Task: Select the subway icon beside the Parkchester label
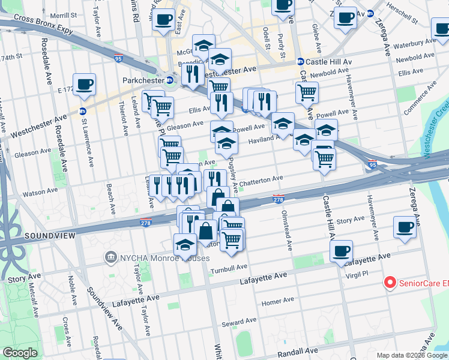click(x=170, y=80)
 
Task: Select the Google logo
click(x=20, y=353)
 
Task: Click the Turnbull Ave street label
click(x=229, y=268)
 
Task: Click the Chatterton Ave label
click(x=261, y=179)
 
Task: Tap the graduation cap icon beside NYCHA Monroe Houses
click(x=185, y=245)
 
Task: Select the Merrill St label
click(x=64, y=15)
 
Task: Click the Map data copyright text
click(x=412, y=355)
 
